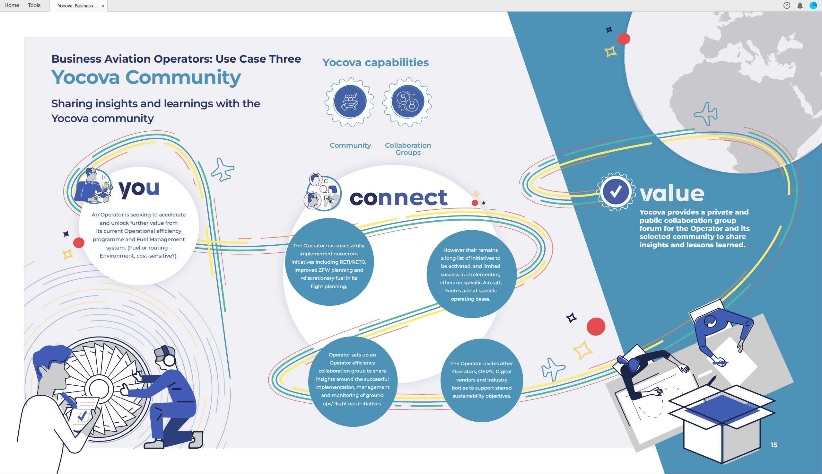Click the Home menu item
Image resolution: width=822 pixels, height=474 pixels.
(12, 5)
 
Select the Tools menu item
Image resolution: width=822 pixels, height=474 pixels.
(34, 5)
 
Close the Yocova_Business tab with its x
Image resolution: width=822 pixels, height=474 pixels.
(103, 6)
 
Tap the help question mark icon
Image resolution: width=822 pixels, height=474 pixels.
(787, 5)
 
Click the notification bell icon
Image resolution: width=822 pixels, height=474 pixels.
(800, 5)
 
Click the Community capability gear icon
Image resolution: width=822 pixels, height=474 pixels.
(350, 102)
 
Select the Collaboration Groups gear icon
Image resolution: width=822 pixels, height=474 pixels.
(407, 102)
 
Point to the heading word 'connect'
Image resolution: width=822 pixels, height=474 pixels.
(398, 198)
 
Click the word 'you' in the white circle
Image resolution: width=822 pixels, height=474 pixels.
(139, 189)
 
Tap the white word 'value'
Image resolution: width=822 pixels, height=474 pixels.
(672, 193)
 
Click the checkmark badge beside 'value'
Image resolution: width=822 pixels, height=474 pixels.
(616, 192)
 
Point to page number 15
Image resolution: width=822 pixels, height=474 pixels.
(774, 445)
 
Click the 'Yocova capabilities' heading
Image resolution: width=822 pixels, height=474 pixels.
(376, 62)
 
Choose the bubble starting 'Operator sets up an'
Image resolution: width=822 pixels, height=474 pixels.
(353, 381)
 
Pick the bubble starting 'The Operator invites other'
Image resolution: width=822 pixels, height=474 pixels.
(482, 380)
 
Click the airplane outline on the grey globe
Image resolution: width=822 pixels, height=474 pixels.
(706, 114)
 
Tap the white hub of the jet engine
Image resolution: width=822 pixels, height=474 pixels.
(99, 389)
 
